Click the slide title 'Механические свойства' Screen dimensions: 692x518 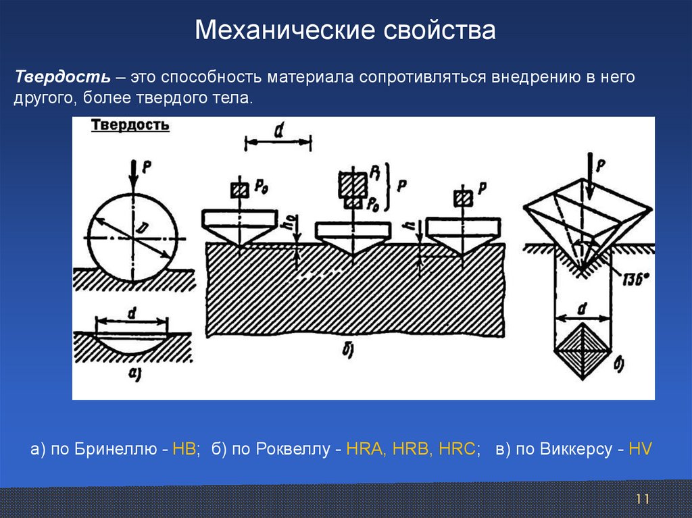tap(345, 30)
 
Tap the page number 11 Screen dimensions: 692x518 tap(642, 499)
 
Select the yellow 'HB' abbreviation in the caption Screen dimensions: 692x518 tap(184, 449)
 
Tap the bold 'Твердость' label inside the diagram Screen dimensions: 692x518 tap(130, 125)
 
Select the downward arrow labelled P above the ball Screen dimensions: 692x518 tap(133, 172)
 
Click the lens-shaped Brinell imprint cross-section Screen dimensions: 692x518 tap(131, 342)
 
